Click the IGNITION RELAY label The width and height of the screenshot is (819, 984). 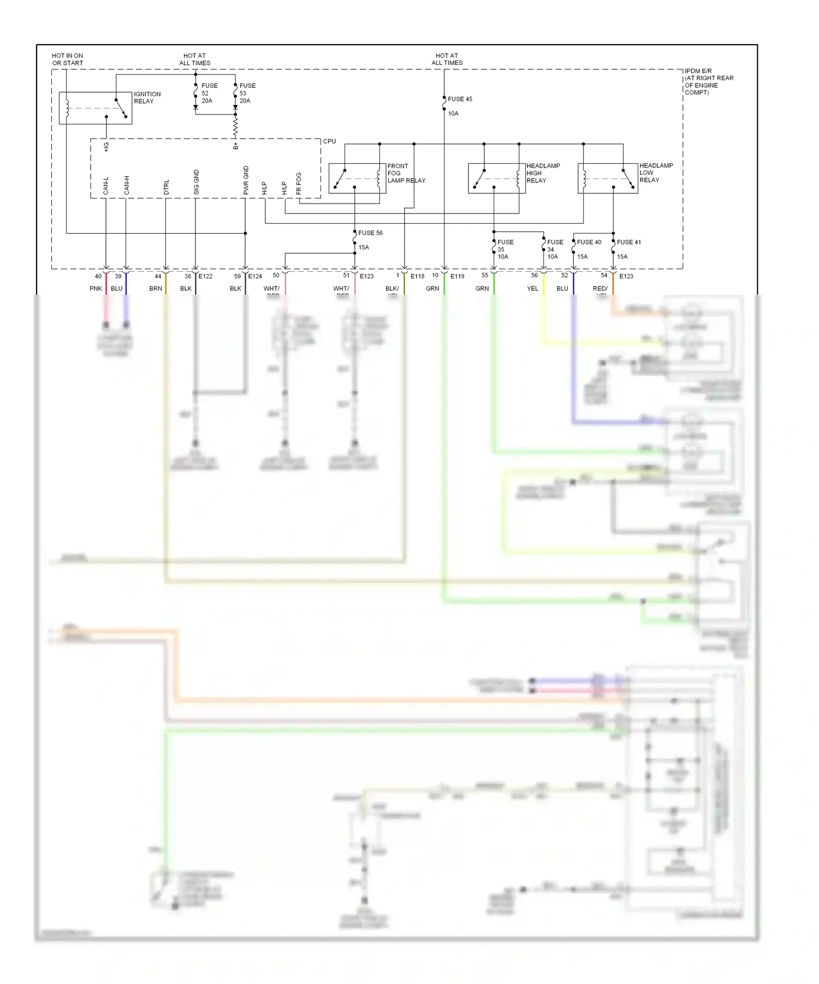tap(147, 98)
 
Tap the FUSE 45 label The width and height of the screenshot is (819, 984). tap(460, 99)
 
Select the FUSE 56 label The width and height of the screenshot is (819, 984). tap(370, 233)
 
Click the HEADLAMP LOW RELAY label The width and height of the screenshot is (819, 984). tap(656, 173)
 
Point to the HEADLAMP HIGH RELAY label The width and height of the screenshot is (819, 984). tap(543, 173)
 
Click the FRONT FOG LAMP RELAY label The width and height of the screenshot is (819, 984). tap(406, 174)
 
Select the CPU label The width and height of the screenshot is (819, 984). tap(329, 141)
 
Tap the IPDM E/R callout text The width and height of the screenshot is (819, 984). tap(708, 82)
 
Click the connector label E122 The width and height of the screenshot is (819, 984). tap(205, 277)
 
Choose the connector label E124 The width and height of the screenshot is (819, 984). tap(255, 277)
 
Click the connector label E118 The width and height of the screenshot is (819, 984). tap(417, 277)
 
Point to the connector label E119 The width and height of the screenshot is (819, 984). tap(457, 277)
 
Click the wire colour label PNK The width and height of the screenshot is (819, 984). tap(96, 289)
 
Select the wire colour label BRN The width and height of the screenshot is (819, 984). tap(156, 289)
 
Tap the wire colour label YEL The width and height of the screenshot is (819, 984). tap(532, 289)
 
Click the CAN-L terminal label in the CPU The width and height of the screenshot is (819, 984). tap(106, 186)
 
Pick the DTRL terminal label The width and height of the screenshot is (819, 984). tap(167, 187)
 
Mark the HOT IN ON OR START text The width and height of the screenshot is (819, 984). tap(68, 59)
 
